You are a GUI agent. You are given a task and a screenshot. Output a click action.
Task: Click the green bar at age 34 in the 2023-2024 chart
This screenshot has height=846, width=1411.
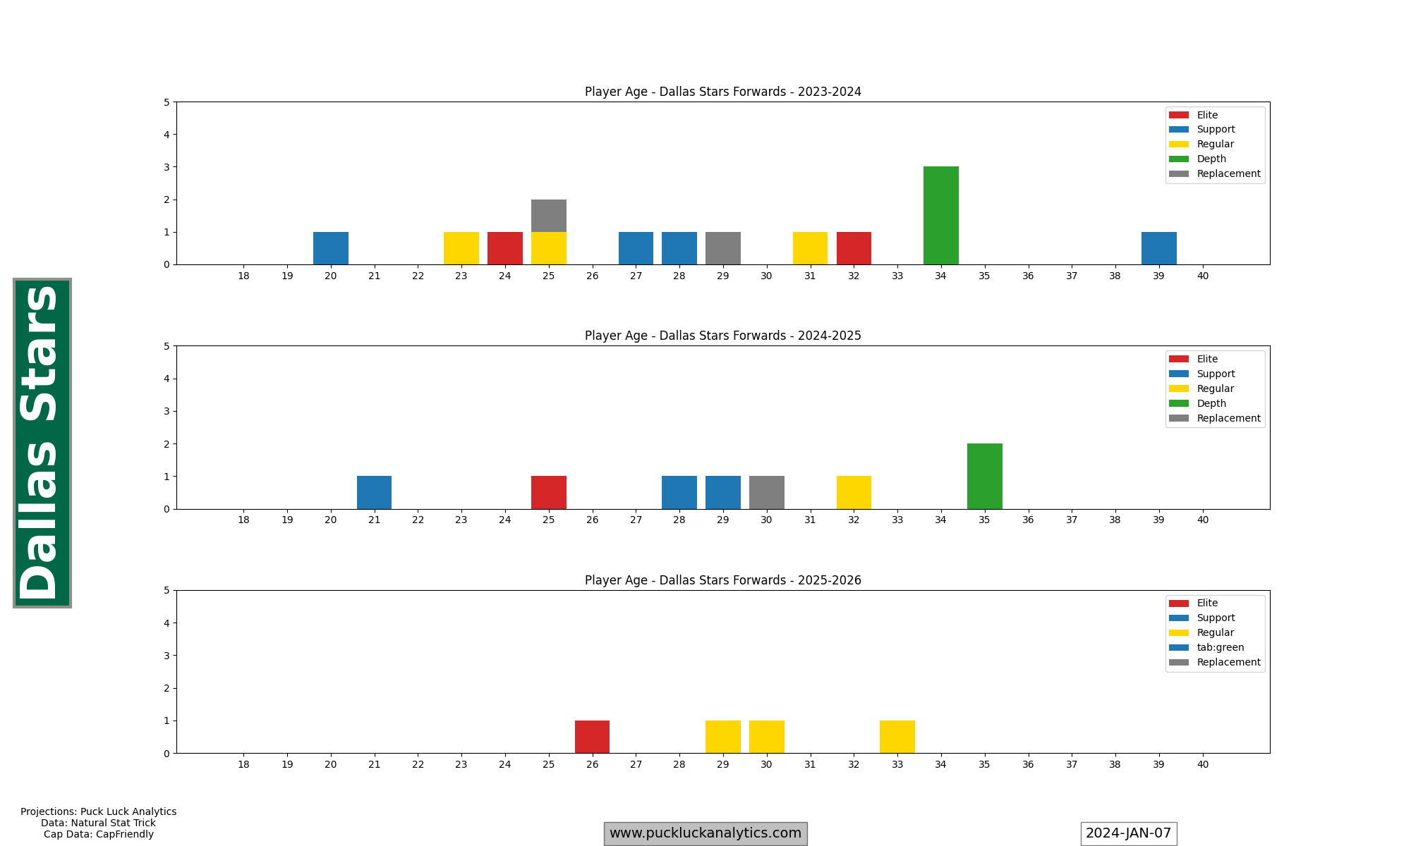(940, 216)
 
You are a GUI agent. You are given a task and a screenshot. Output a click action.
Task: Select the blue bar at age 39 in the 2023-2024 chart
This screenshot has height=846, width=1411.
(1158, 248)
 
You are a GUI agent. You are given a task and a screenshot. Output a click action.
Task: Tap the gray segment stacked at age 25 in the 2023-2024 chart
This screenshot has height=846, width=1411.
(548, 216)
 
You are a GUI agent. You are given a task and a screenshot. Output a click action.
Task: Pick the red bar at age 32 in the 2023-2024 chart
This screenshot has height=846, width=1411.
(854, 248)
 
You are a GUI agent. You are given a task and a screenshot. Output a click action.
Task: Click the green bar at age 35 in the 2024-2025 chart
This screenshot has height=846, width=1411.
(984, 477)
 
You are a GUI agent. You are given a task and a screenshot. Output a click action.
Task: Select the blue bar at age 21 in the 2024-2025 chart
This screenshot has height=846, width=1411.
(374, 493)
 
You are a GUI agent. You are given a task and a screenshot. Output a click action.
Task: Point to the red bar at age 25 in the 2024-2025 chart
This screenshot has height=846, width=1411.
(548, 493)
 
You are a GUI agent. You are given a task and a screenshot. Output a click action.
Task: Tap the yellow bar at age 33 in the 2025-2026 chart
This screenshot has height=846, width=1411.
(897, 737)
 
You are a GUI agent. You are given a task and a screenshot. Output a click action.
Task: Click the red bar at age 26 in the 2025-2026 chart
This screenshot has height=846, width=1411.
(592, 737)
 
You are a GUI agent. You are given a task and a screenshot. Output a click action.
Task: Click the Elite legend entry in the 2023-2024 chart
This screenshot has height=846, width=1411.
(1207, 115)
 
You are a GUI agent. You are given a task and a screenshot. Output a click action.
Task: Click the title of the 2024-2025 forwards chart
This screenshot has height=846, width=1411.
(722, 336)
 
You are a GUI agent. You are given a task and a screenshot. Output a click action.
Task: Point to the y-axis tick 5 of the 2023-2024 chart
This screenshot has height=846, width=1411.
(166, 102)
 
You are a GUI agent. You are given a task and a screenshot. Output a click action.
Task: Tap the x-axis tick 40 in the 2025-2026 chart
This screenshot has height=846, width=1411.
(1202, 764)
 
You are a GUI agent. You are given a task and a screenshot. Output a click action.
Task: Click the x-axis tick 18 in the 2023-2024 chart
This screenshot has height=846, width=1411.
(243, 276)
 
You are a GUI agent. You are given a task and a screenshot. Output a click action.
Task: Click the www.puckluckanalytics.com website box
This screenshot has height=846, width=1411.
(705, 833)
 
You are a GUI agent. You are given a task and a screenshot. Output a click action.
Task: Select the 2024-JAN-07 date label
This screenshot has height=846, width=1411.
(1128, 833)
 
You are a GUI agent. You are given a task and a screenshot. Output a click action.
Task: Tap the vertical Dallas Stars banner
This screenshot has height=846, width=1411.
(42, 443)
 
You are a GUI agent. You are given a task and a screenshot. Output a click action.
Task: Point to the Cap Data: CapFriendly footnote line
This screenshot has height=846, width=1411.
(99, 834)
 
